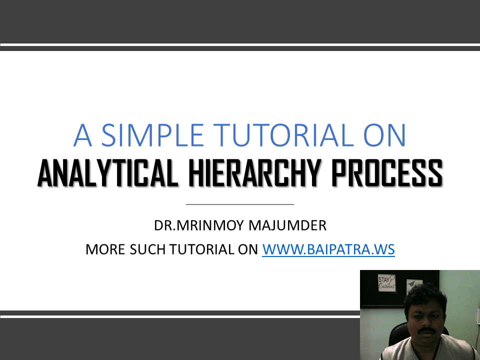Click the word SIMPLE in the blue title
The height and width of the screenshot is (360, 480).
152,135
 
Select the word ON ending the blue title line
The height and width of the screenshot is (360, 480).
384,135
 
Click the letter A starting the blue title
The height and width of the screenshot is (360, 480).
82,135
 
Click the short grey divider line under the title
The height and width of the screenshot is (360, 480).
239,204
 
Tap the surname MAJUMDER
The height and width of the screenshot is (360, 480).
287,225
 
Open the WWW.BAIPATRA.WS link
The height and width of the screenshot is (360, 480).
328,249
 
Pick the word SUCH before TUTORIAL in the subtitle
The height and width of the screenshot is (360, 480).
148,249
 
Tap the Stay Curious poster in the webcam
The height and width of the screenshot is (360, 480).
386,283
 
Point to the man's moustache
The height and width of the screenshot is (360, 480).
426,330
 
